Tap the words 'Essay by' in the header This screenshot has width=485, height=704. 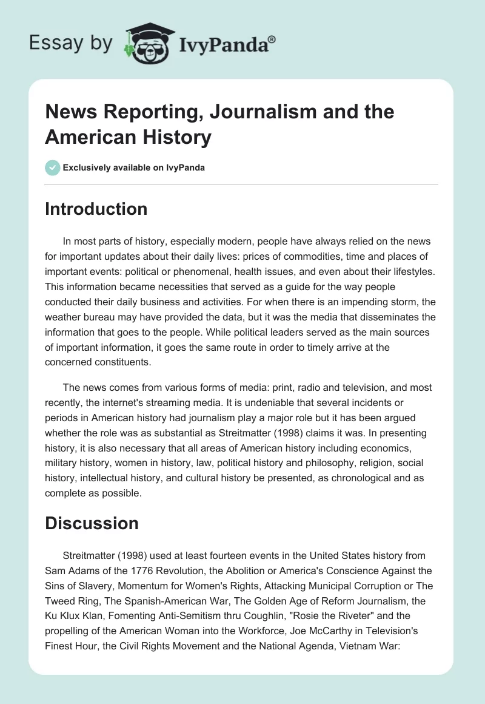70,43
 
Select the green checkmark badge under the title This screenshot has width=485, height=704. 53,168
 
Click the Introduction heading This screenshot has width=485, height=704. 96,209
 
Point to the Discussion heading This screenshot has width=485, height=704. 92,523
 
